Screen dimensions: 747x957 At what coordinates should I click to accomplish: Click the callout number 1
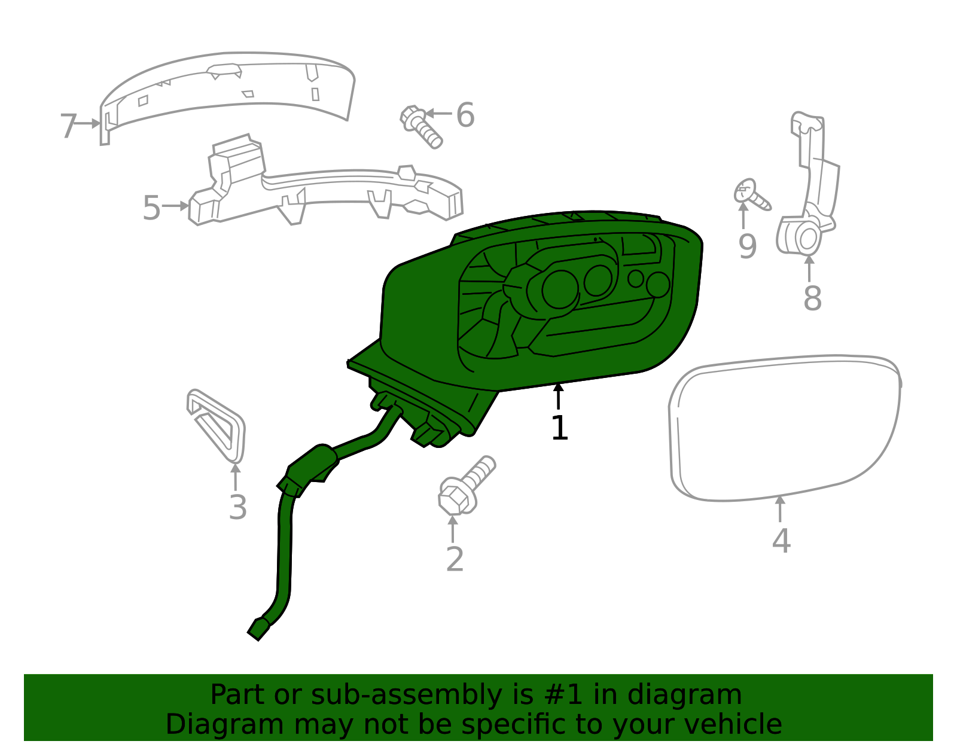[559, 428]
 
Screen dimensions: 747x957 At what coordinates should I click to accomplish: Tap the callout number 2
[455, 559]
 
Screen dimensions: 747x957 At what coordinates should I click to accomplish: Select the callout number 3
[237, 508]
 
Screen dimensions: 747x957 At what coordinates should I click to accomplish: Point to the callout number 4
[781, 541]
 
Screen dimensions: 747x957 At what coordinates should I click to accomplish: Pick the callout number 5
[151, 208]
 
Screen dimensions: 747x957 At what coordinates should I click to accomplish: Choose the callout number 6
[465, 115]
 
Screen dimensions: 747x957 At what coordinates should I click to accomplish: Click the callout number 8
[812, 298]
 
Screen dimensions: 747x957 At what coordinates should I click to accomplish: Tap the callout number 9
[747, 246]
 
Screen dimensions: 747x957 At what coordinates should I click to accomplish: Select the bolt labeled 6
[421, 126]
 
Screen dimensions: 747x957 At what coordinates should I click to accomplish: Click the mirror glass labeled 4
[784, 428]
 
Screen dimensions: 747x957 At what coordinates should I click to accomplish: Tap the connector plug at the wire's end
[258, 629]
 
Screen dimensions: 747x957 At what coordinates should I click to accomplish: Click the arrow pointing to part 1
[559, 396]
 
